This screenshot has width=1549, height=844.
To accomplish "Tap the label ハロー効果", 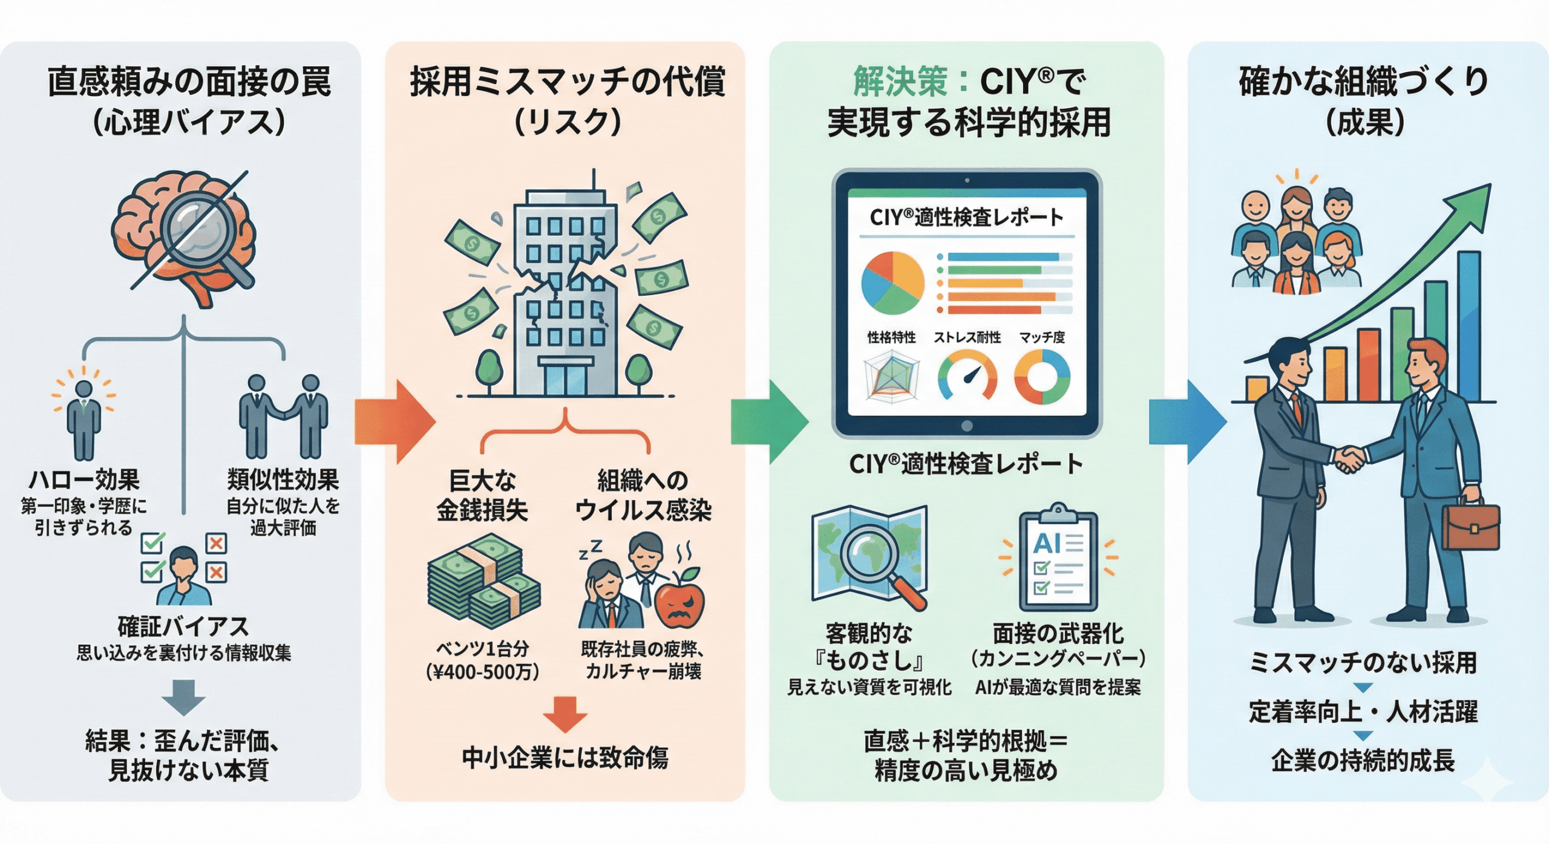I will click(84, 480).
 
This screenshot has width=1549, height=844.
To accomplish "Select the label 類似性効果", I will click(283, 480).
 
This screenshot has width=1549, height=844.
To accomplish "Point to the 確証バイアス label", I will click(183, 627).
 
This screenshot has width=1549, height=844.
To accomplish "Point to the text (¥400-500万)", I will click(482, 672).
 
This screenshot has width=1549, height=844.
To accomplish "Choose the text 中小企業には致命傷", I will click(565, 758).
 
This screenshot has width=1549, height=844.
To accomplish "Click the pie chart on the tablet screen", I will click(892, 283).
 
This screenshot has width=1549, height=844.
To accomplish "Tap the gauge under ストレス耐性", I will click(967, 376).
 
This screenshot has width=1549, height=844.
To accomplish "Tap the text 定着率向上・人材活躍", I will click(1363, 712).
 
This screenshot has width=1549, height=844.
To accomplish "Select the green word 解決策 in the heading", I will click(900, 82).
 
